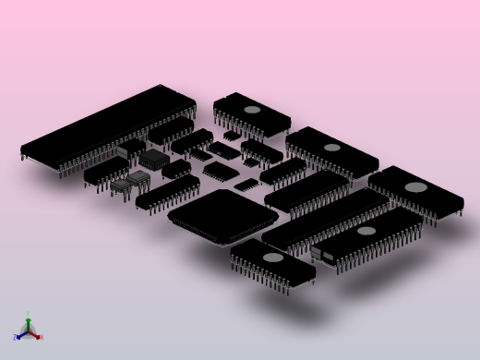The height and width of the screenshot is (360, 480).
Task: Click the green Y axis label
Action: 28,315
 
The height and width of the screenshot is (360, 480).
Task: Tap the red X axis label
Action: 42,337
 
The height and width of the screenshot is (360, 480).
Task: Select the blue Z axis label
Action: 15,338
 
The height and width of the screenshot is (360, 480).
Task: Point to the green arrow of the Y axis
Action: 28,321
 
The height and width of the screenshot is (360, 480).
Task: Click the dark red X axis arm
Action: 34,334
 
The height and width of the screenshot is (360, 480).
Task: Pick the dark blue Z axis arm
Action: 21,334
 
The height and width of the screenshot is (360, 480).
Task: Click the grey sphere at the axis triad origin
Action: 28,331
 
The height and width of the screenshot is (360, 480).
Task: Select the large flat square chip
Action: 222,216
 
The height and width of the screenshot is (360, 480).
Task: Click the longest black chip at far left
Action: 106,126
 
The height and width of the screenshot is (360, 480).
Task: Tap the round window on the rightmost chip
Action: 416,187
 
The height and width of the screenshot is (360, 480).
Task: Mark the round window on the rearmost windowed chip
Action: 252,110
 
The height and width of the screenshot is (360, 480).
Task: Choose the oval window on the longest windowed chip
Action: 366,231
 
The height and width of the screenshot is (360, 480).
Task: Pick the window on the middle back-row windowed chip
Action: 331,148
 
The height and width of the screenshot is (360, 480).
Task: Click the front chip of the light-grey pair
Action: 122,186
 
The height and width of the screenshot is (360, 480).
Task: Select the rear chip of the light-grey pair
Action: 139,176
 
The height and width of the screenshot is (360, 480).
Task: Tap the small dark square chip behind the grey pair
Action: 153,159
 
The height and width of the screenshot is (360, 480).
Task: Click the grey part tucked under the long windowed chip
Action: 318,252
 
